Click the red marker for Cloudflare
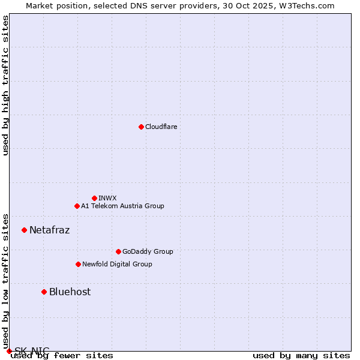coord(141,127)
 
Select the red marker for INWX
coord(94,198)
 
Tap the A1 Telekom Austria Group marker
coord(77,206)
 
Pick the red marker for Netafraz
coord(24,230)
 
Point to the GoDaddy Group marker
coord(118,251)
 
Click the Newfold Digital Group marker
coord(78,264)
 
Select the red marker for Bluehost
coord(44,292)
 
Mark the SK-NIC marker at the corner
coord(9,351)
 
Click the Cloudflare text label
coord(161,127)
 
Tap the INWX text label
coord(107,198)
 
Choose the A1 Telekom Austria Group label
coord(122,206)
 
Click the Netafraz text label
coord(49,230)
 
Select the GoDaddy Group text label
coord(148,251)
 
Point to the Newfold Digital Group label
coord(117,264)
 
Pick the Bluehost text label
coord(70,292)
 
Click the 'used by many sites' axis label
coord(301,355)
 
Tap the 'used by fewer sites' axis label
coord(63,355)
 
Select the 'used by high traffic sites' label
coord(5,85)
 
